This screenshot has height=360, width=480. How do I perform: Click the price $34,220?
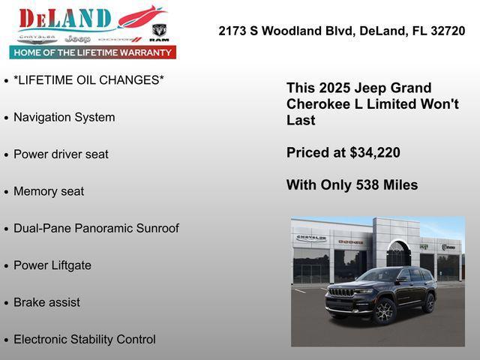[x=375, y=153]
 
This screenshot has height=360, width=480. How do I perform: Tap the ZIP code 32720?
[x=448, y=31]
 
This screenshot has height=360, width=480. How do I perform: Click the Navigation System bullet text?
[x=64, y=118]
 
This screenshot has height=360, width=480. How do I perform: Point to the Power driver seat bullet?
[x=61, y=154]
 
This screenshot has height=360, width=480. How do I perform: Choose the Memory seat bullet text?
[x=49, y=191]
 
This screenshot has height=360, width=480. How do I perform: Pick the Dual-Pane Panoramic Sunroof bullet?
[x=96, y=228]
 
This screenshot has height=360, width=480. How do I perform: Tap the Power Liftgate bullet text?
[x=52, y=265]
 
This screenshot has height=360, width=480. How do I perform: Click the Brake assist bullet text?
[x=46, y=302]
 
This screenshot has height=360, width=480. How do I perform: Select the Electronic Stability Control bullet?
[x=85, y=339]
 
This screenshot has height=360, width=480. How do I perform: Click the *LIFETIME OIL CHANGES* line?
[x=88, y=80]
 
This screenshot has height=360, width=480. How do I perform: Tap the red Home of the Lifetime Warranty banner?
[x=93, y=52]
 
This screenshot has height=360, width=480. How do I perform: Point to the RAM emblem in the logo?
[x=159, y=32]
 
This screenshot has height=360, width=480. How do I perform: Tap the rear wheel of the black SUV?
[x=429, y=302]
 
